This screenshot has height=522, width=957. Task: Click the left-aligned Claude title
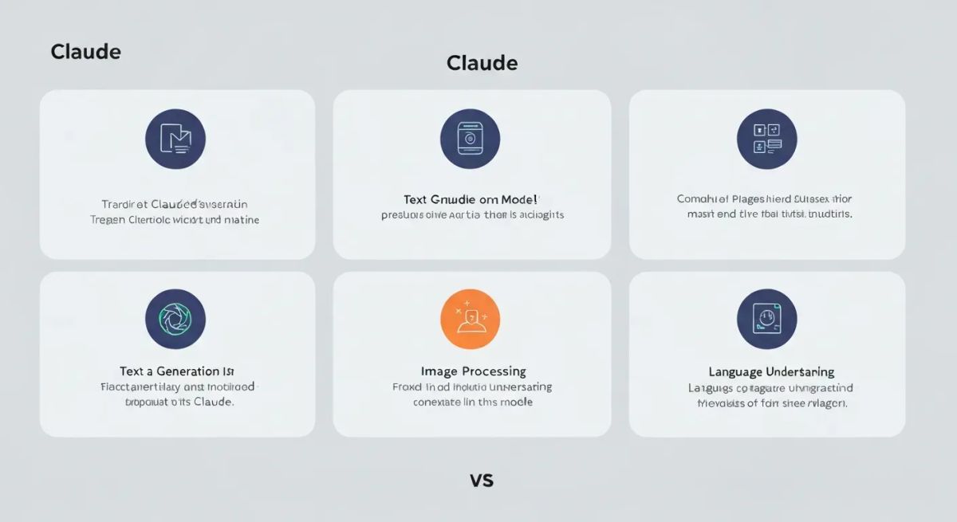(85, 52)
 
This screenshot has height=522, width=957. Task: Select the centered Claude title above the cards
(482, 63)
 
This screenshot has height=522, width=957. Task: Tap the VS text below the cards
(482, 481)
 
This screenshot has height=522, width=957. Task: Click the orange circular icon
(470, 319)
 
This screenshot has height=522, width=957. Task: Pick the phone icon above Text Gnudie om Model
(470, 139)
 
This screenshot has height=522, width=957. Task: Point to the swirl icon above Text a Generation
(175, 319)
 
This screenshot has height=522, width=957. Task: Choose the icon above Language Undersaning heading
(766, 319)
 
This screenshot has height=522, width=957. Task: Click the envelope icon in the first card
(175, 139)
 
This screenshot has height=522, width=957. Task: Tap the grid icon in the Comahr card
(766, 139)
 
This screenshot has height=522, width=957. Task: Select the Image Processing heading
(473, 371)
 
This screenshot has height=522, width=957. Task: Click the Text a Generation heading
(177, 371)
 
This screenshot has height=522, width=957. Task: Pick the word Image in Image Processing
(438, 371)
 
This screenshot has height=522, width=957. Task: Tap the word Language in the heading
(735, 372)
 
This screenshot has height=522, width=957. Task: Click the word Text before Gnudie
(416, 199)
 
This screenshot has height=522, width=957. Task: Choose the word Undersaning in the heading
(800, 372)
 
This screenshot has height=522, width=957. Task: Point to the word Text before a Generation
(131, 371)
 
